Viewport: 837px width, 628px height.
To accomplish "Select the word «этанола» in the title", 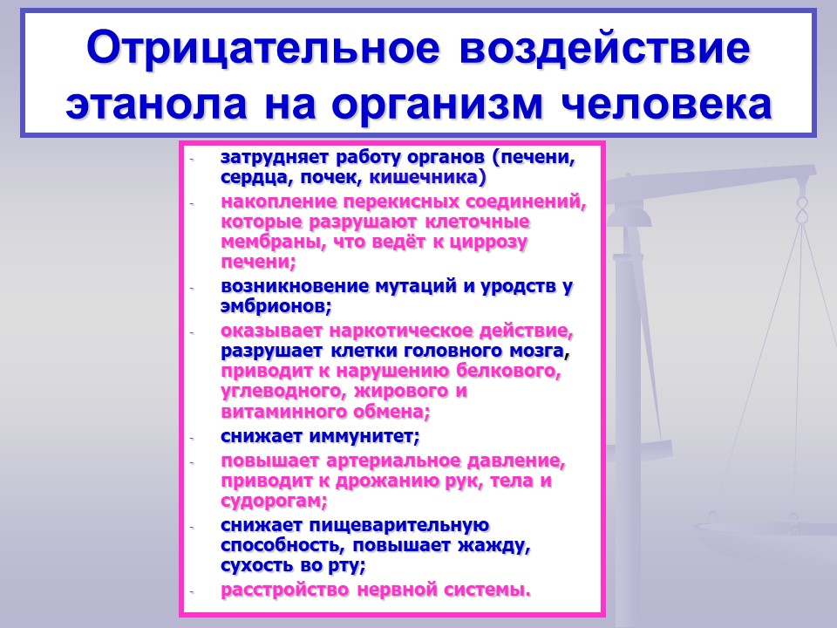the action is pyautogui.click(x=156, y=103).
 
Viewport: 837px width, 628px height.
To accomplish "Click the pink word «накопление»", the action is pyautogui.click(x=278, y=201).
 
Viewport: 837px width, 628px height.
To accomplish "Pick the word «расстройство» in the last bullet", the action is pyautogui.click(x=284, y=590).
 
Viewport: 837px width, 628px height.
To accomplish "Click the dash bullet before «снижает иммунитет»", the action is pyautogui.click(x=192, y=438).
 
